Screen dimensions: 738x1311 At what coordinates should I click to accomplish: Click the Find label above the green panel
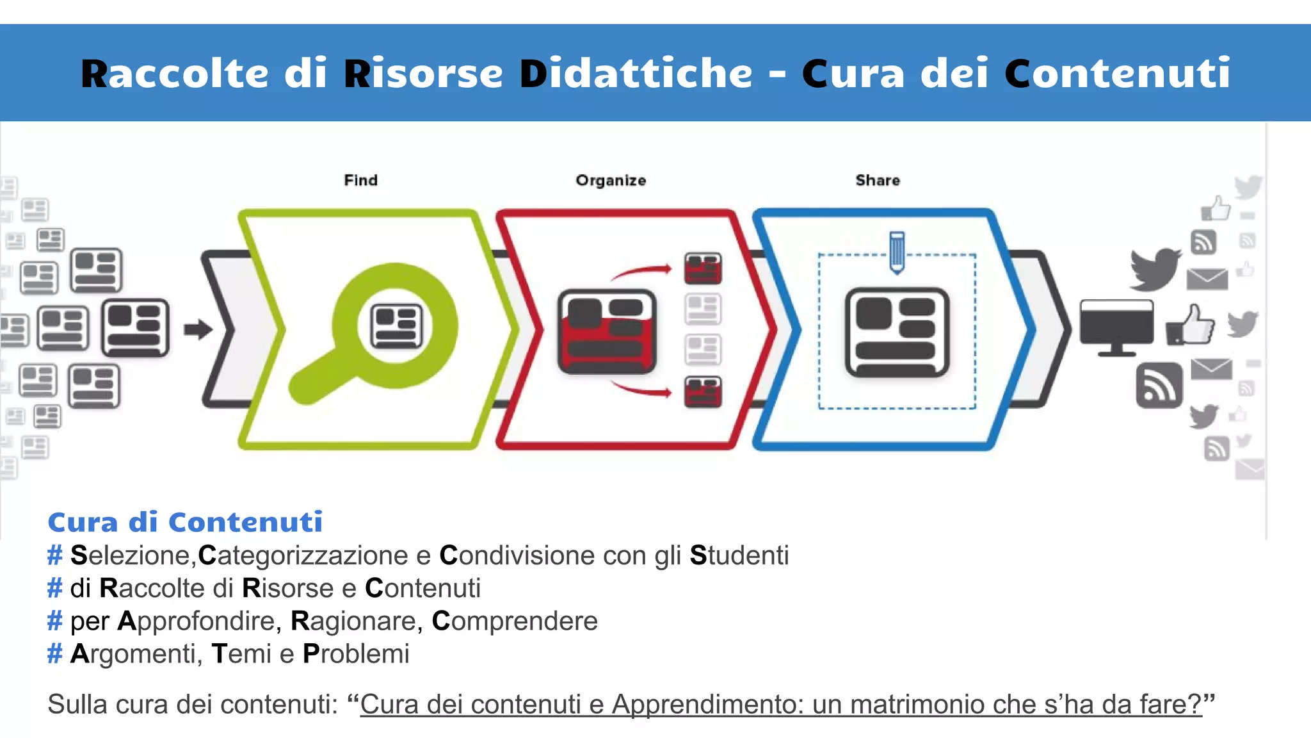(360, 180)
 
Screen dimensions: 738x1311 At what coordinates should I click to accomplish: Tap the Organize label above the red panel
(611, 181)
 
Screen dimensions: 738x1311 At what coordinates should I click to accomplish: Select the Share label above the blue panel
(878, 181)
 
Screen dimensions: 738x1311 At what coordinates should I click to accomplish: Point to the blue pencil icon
(897, 252)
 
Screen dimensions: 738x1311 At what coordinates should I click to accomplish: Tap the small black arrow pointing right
(198, 329)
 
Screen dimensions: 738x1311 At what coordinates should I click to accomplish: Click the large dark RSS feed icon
(1159, 386)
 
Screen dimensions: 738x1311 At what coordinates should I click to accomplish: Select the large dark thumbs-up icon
(1190, 325)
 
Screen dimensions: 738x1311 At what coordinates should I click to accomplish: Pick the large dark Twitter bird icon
(1155, 268)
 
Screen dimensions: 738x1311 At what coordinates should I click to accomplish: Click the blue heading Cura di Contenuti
(185, 522)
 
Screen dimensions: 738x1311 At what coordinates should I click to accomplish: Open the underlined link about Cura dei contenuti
(780, 704)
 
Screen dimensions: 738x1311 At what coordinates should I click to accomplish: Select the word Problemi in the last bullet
(356, 654)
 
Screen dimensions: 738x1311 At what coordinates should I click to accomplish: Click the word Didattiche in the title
(636, 73)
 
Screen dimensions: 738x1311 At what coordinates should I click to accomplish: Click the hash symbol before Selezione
(55, 555)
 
